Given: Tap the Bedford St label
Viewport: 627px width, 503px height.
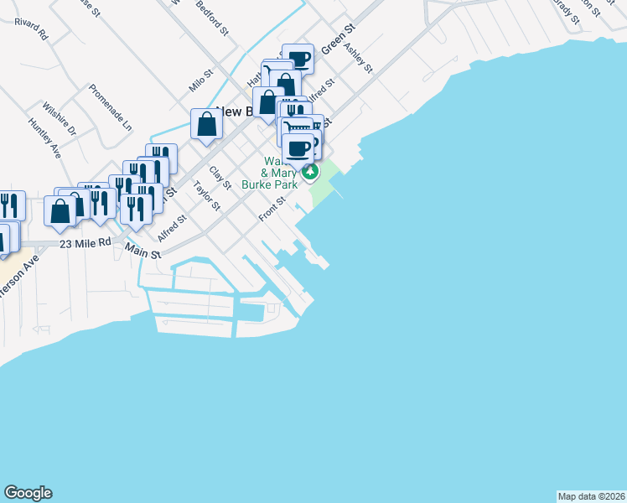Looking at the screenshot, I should pos(213,18).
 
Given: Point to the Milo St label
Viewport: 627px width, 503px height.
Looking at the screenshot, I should pos(198,81).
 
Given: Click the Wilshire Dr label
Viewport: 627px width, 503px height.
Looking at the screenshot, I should pos(60,119).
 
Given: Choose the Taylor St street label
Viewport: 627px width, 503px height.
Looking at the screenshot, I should pos(206,195).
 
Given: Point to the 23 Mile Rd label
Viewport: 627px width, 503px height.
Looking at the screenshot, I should pos(85,242).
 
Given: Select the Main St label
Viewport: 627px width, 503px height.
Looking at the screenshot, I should pos(142,249).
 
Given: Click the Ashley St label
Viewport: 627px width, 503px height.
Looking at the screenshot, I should pos(359,57).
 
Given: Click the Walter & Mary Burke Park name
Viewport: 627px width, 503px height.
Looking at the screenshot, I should pos(270,172).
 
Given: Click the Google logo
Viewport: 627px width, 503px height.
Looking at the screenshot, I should pos(28,493).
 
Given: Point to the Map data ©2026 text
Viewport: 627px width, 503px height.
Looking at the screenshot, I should pos(591,495).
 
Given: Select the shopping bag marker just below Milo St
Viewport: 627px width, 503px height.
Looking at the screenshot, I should pos(206,125).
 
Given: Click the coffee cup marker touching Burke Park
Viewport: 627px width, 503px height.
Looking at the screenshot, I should pos(298,149).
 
